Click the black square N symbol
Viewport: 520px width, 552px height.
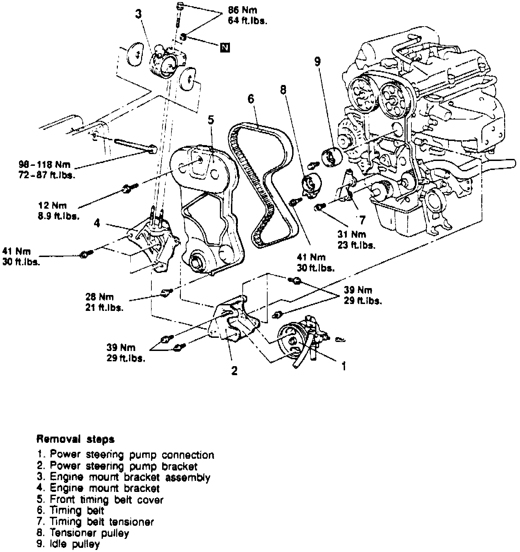coord(225,47)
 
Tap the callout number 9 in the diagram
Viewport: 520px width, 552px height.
coord(317,61)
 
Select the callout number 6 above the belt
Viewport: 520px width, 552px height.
coord(251,99)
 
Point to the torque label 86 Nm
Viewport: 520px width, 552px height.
coord(242,10)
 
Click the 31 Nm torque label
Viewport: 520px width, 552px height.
coord(352,234)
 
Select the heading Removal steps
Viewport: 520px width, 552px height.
coord(75,439)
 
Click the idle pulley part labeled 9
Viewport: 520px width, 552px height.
coord(331,158)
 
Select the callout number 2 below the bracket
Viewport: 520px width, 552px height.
coord(234,371)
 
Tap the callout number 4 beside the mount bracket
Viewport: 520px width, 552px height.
coord(97,223)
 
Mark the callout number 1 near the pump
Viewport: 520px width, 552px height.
coord(344,366)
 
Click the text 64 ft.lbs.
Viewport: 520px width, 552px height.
coord(247,21)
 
